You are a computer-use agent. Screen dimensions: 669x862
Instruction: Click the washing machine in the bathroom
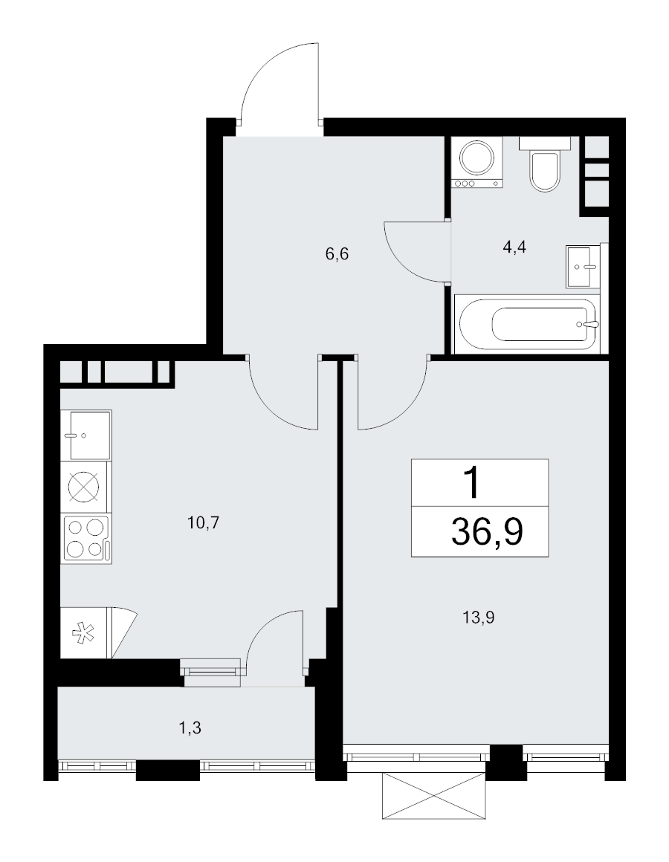(x=477, y=163)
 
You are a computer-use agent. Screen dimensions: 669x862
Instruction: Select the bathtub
(x=527, y=324)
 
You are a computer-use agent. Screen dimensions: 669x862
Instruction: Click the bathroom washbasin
(x=583, y=268)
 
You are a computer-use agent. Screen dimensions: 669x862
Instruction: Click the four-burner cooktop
(x=88, y=538)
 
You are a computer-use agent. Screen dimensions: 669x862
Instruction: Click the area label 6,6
(x=337, y=255)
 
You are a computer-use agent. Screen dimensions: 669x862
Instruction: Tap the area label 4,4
(x=514, y=247)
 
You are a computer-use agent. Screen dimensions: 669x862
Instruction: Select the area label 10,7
(x=204, y=522)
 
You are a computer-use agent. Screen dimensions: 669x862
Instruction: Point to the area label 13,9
(x=478, y=618)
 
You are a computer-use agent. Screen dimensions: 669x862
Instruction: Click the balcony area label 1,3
(x=190, y=728)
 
